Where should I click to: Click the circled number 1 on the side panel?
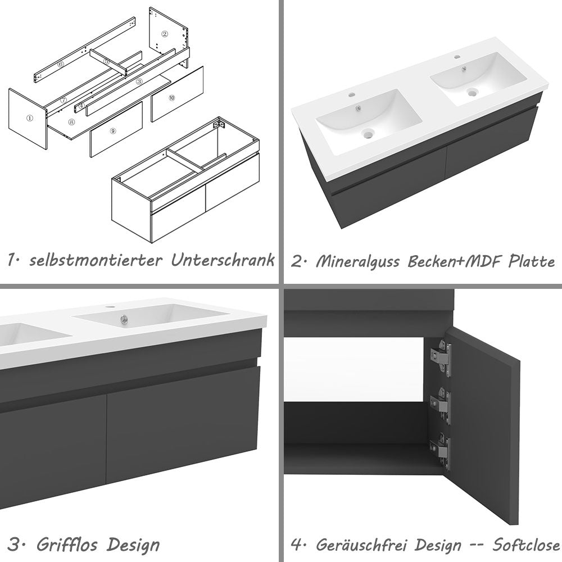click(x=29, y=119)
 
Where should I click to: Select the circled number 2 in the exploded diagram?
click(x=165, y=34)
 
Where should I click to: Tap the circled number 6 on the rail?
click(x=61, y=65)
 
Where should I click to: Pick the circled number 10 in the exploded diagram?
click(x=171, y=97)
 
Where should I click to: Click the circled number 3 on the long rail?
click(x=139, y=81)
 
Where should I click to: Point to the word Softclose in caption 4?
click(x=526, y=545)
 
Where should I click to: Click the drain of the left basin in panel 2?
click(x=368, y=134)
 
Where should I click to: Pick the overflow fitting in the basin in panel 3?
click(x=123, y=321)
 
